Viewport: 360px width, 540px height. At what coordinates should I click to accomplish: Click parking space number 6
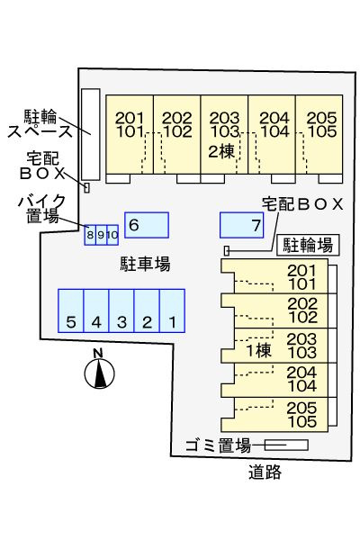coord(147,225)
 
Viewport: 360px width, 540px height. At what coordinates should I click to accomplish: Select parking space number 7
coord(241,225)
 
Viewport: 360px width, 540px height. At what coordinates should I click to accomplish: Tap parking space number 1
coord(172,310)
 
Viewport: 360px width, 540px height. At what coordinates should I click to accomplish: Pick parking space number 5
coord(70,310)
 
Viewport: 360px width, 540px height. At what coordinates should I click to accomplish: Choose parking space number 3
coord(121,310)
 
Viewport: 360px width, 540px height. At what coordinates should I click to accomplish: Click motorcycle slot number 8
coord(90,235)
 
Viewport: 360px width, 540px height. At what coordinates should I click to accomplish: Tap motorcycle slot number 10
coord(112,235)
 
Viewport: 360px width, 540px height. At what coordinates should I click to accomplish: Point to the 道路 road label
coord(265,472)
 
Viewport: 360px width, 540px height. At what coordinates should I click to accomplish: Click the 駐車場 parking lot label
coord(145,264)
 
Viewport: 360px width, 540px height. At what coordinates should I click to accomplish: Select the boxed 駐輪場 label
coord(308,245)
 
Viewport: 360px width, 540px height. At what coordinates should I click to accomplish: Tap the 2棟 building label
coord(221,151)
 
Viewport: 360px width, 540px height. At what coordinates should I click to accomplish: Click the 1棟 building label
coord(258,351)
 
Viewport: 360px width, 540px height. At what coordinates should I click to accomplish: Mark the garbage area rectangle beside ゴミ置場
coord(286,445)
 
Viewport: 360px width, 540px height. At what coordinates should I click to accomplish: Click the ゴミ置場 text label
coord(218,446)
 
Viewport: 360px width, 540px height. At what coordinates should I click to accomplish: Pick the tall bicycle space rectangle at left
coord(91,134)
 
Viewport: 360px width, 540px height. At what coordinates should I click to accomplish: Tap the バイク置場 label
coord(42,209)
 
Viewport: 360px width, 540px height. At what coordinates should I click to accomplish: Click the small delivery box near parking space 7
coord(227,251)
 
